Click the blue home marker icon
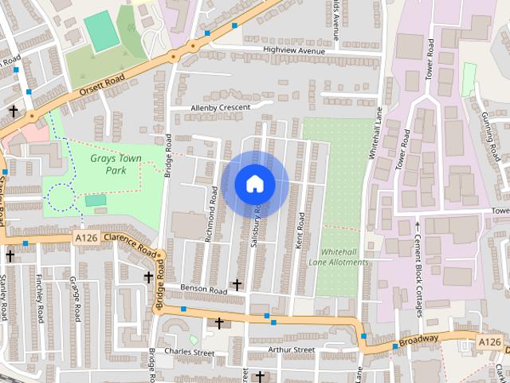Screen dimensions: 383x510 (255, 184)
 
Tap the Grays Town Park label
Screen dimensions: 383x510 (116, 164)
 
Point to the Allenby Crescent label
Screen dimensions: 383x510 (221, 107)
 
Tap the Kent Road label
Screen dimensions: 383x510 (300, 231)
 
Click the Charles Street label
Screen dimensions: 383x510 (190, 352)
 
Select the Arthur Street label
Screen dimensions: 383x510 (292, 349)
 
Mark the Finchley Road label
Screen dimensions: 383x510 (39, 298)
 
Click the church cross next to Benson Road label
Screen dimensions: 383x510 (236, 284)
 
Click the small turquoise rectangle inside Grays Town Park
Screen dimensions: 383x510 (95, 201)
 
